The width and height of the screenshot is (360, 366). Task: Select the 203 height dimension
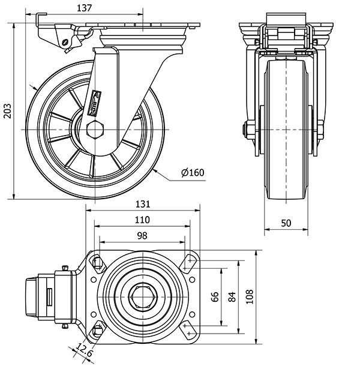click(7, 110)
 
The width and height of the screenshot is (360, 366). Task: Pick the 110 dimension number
click(142, 220)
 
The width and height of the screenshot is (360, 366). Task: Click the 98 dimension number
click(142, 235)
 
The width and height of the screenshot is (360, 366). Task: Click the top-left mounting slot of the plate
click(97, 262)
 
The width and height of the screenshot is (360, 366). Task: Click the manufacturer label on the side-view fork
click(94, 103)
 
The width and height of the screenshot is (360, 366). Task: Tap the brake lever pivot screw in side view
click(65, 42)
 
